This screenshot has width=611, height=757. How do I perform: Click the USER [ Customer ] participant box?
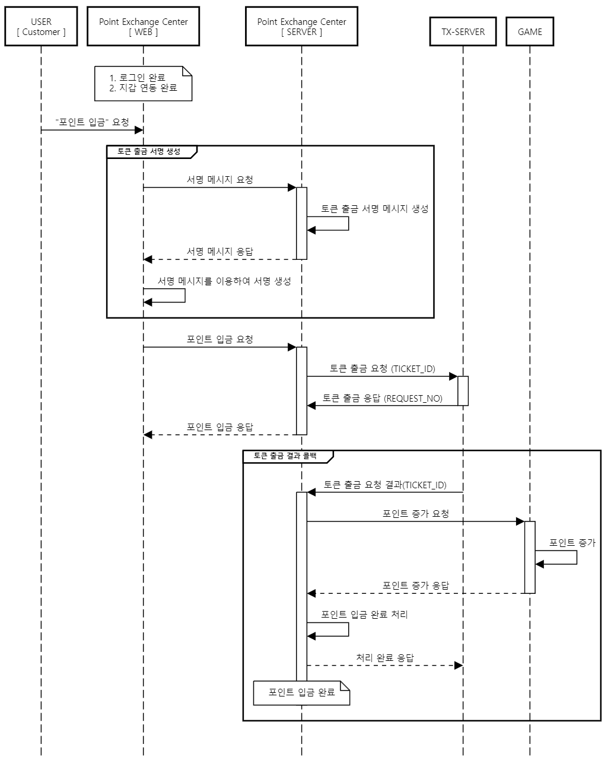click(x=41, y=27)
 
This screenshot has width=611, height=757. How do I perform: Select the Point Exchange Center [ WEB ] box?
click(x=143, y=27)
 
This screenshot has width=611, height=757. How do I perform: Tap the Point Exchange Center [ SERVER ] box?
click(x=301, y=27)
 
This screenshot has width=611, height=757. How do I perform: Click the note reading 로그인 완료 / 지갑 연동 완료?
click(x=143, y=83)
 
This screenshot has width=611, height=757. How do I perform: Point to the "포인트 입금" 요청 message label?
click(x=92, y=122)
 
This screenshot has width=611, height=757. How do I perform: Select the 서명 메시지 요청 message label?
click(x=219, y=180)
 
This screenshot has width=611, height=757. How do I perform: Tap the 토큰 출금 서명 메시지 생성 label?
click(x=374, y=209)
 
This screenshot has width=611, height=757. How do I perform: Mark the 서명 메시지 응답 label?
click(x=219, y=252)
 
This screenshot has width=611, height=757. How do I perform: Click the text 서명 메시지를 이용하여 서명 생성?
click(x=224, y=281)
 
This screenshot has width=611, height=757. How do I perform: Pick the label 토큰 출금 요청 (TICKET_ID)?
click(x=382, y=368)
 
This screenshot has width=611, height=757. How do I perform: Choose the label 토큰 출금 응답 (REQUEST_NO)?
click(x=382, y=398)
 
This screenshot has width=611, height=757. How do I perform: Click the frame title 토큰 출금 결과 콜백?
click(x=285, y=456)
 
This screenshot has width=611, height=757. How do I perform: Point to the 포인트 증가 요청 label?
click(x=415, y=514)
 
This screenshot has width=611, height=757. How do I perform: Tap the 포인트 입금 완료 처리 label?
click(x=364, y=615)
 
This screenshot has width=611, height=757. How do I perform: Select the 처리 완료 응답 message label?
click(x=385, y=658)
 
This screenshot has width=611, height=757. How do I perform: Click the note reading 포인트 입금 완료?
click(x=301, y=692)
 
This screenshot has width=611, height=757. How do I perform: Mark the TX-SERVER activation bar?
click(x=463, y=391)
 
